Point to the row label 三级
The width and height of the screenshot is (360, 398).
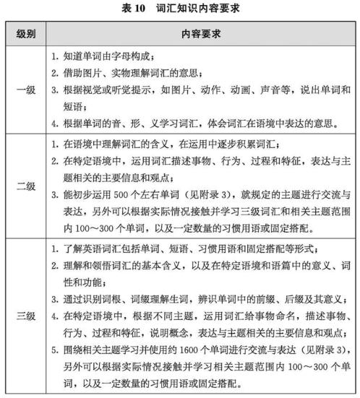(x=26, y=316)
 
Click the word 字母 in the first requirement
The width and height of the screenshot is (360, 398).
(x=124, y=57)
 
